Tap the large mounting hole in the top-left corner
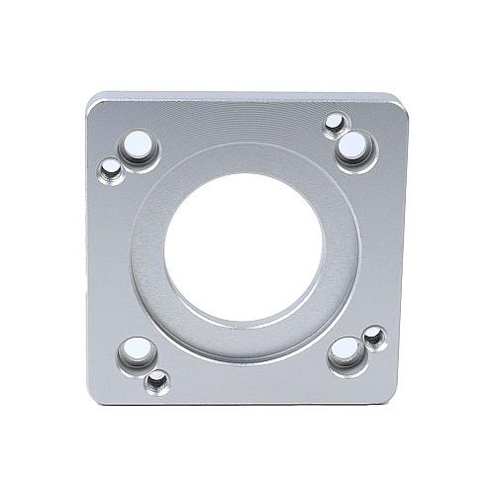tap(140, 148)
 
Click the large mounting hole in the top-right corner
tap(352, 149)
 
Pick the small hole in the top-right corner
tap(336, 124)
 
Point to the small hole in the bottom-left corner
tap(156, 379)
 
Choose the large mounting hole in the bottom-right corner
tap(346, 351)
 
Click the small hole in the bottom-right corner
tap(374, 338)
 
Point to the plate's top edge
tap(247, 96)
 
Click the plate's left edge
tap(88, 247)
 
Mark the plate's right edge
tap(407, 247)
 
